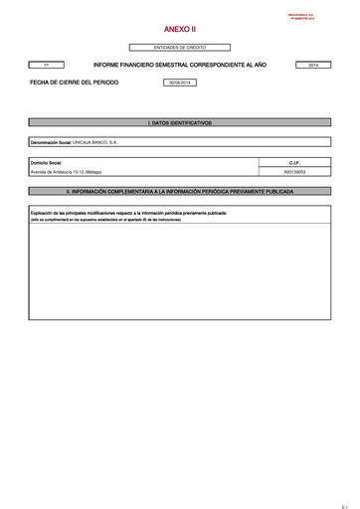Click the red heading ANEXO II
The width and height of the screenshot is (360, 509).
(180, 31)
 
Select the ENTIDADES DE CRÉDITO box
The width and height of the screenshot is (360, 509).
(180, 48)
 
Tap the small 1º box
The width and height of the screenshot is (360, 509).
(47, 65)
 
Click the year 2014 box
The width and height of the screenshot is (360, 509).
(313, 65)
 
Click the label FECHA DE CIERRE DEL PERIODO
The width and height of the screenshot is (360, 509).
(75, 83)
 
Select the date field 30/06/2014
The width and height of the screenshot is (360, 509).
(180, 83)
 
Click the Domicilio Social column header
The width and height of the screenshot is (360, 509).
(48, 161)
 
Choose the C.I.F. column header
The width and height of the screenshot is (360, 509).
(294, 161)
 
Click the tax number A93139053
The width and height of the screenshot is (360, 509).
(294, 171)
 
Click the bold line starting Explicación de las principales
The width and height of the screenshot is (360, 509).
(129, 213)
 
